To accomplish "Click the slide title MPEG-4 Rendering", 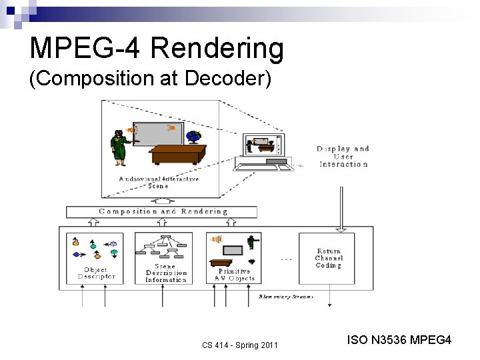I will point(157,49).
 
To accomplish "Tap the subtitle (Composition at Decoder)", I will point(151,79).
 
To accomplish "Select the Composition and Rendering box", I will point(162,212).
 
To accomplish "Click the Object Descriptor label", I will point(96,273).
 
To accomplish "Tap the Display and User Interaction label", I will point(343,156).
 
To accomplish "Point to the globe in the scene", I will point(194,137).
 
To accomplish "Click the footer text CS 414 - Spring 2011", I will point(240,344).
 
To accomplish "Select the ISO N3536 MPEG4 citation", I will point(399,341).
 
